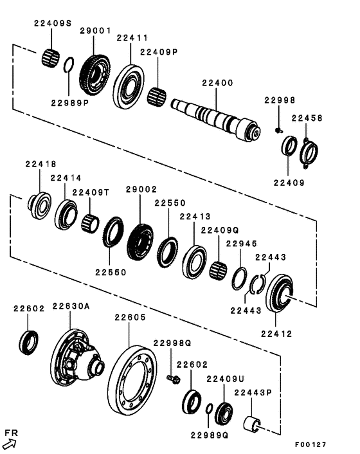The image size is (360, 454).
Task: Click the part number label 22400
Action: tap(217, 83)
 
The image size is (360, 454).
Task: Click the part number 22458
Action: tap(306, 118)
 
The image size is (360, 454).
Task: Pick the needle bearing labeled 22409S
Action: tap(51, 56)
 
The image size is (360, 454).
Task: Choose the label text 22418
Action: tap(40, 165)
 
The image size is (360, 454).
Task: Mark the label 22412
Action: tap(276, 334)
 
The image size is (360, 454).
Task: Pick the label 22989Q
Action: tap(209, 435)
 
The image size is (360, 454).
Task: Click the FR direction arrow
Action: tap(9, 443)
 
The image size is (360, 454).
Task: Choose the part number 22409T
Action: tap(91, 192)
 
